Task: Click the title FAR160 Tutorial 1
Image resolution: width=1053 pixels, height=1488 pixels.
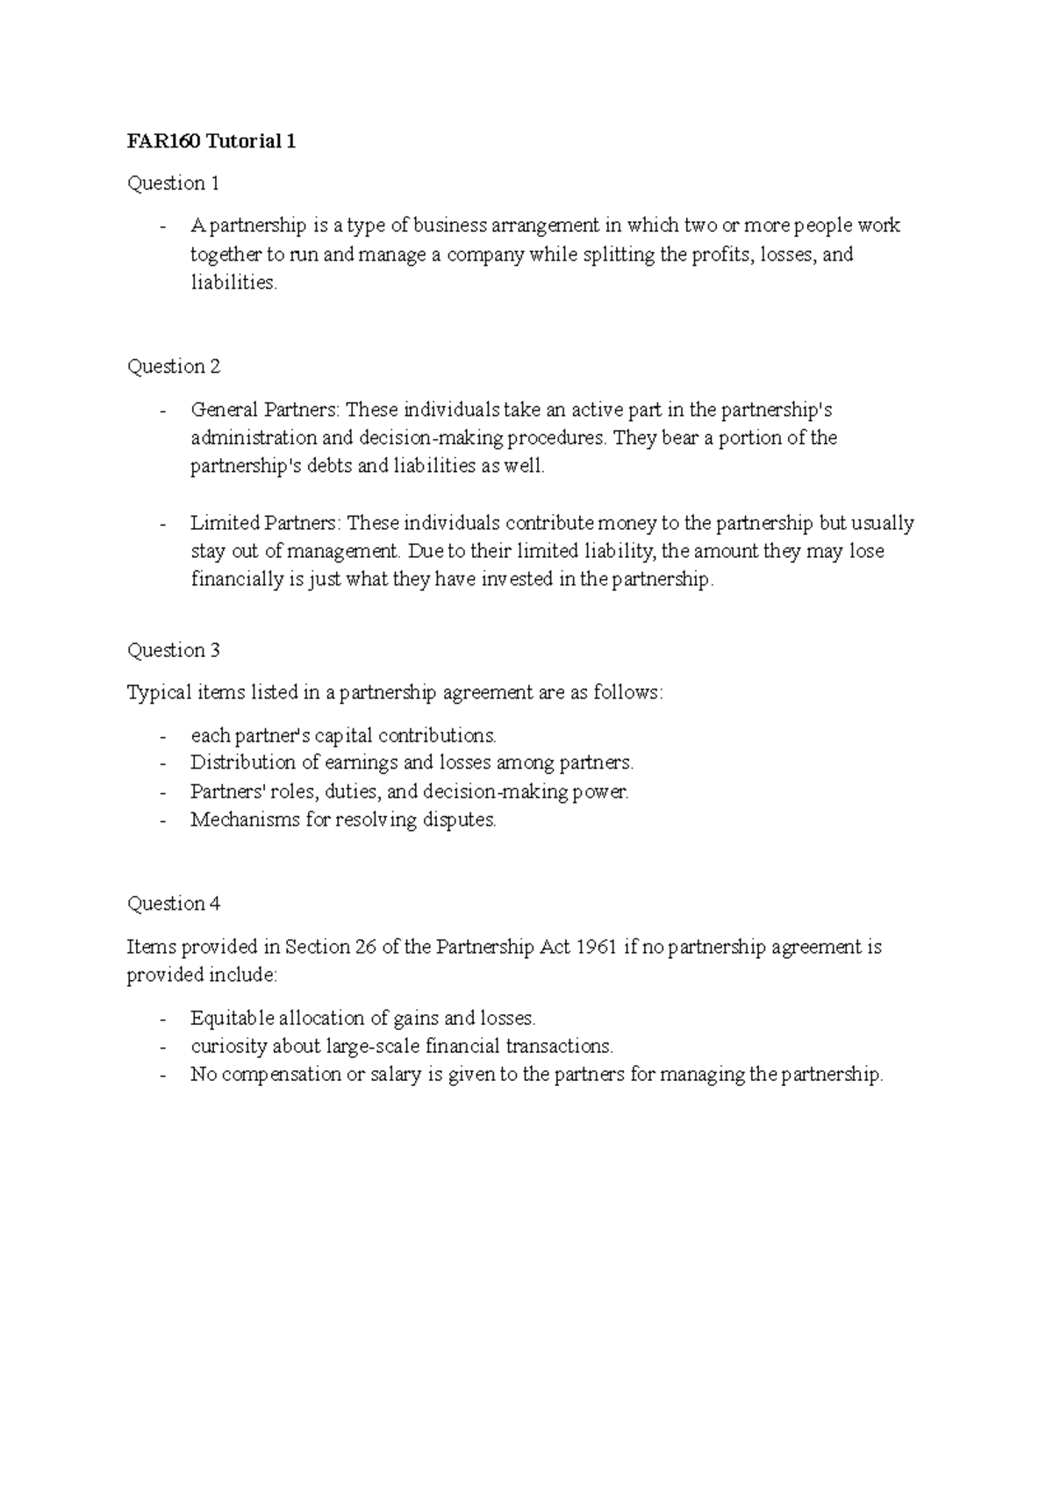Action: (211, 141)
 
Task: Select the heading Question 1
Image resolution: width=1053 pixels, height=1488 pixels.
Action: (173, 183)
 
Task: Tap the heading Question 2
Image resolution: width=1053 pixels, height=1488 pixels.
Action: (174, 367)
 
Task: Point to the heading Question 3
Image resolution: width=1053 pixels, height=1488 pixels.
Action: (174, 650)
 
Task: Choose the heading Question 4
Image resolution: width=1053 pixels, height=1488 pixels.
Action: (174, 904)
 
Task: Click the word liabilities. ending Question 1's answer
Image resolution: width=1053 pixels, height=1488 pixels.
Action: (233, 283)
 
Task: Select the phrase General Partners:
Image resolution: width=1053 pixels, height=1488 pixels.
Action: (266, 410)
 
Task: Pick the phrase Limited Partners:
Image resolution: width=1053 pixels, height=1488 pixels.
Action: (265, 523)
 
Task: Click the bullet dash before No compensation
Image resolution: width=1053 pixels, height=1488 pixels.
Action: (163, 1075)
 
